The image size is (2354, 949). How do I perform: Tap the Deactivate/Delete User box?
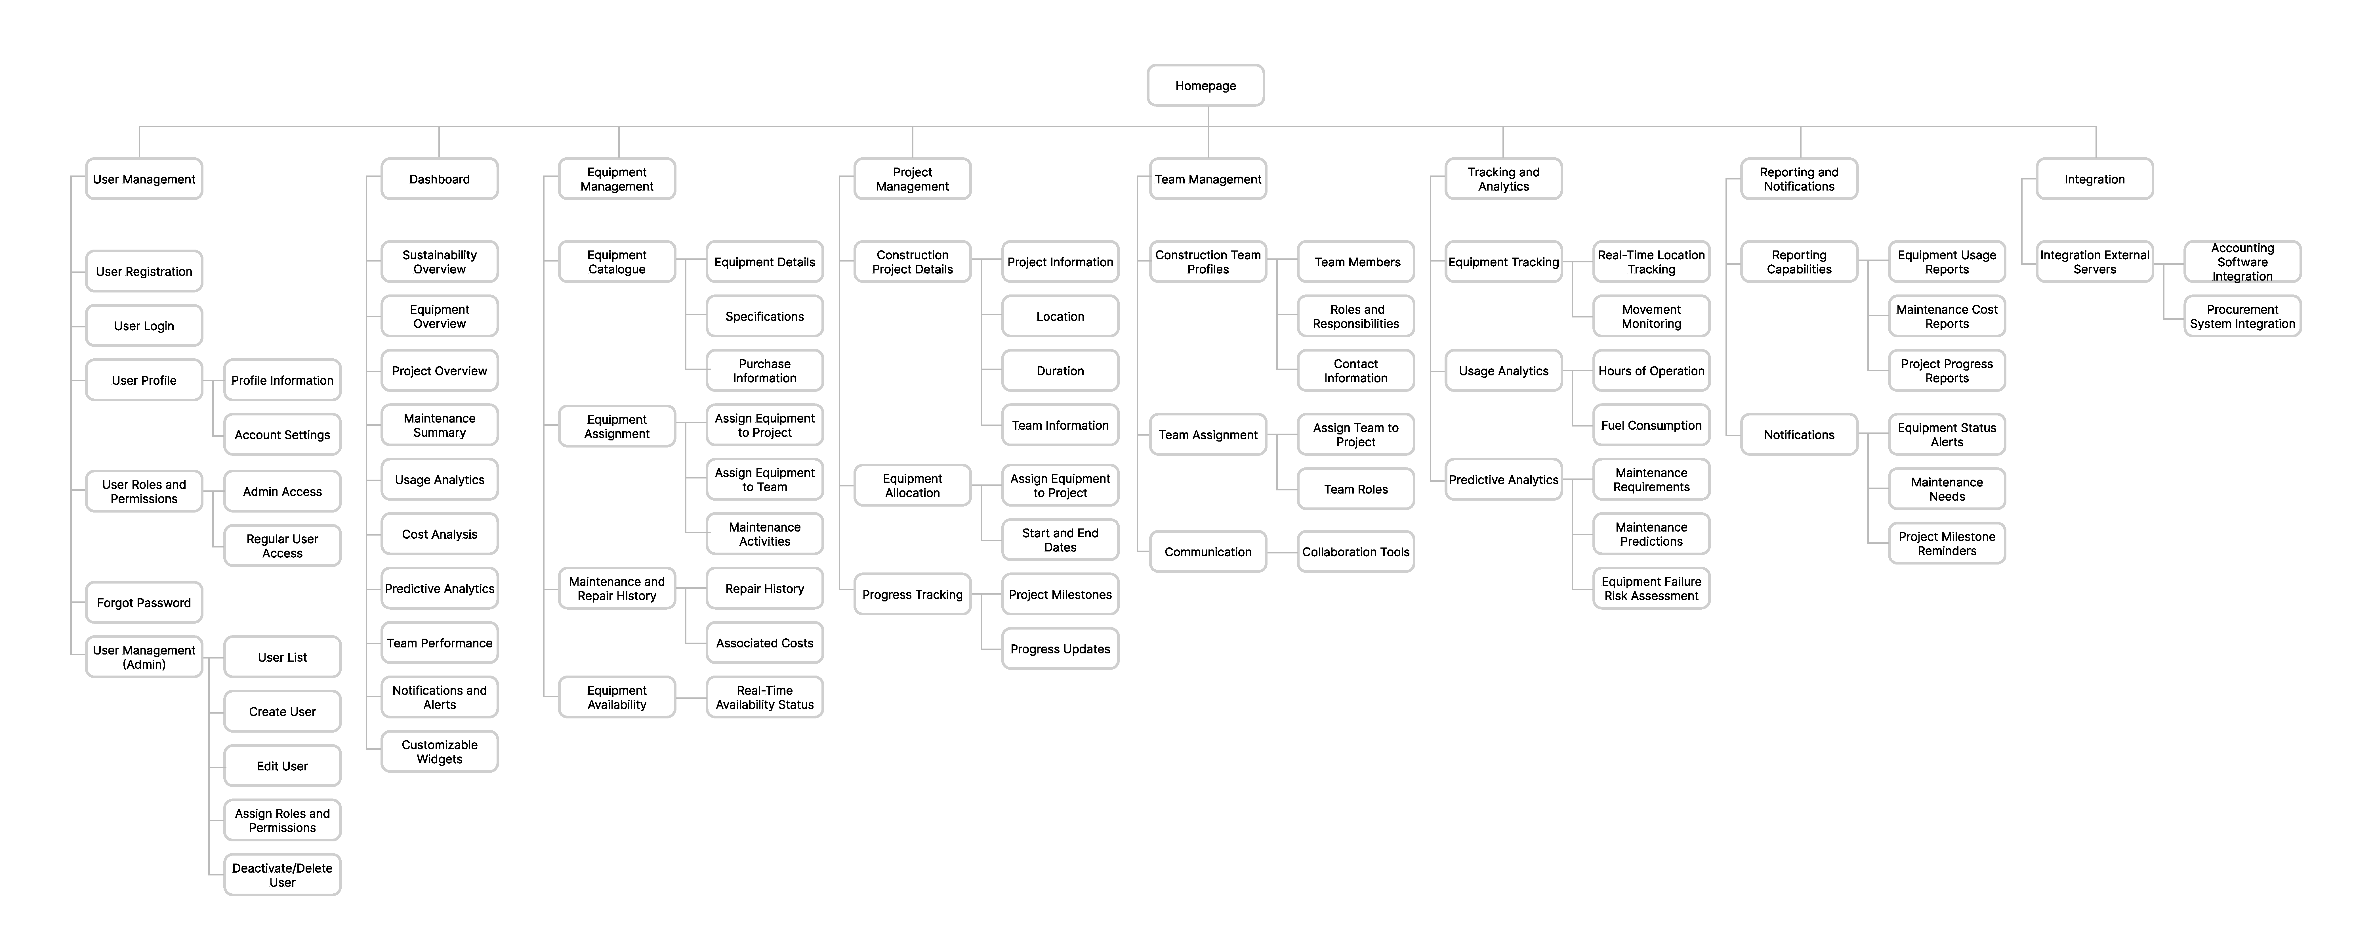pos(282,875)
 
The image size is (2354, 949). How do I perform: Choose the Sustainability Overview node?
pos(440,262)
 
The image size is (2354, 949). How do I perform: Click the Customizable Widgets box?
pos(440,752)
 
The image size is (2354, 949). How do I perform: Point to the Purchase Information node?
pos(765,370)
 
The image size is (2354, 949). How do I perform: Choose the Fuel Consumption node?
pos(1651,425)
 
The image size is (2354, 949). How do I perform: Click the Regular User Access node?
pos(282,546)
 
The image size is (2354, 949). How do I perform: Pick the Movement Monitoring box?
pos(1651,316)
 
